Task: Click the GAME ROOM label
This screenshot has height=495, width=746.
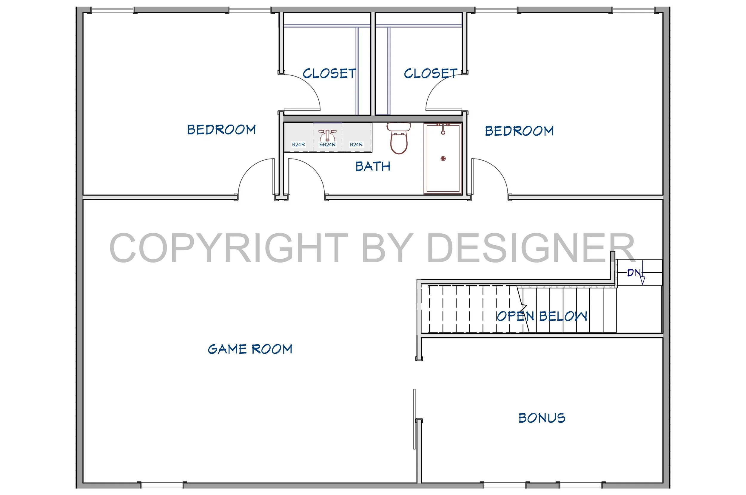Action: (250, 349)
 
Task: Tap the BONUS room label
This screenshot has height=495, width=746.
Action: (542, 418)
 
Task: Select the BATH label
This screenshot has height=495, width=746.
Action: (373, 166)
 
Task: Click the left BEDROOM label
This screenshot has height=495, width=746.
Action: (221, 130)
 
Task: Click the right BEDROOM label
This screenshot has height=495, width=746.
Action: (519, 131)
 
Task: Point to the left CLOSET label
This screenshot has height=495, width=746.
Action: (329, 74)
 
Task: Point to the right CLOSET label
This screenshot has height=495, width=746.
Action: (431, 74)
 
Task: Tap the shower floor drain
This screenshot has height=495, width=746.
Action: (443, 159)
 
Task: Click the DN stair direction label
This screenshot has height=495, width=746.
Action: (634, 273)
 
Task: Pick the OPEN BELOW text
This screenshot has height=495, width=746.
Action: (542, 316)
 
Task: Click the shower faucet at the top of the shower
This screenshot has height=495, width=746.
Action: (443, 128)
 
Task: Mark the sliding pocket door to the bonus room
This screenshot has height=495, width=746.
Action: (414, 419)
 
